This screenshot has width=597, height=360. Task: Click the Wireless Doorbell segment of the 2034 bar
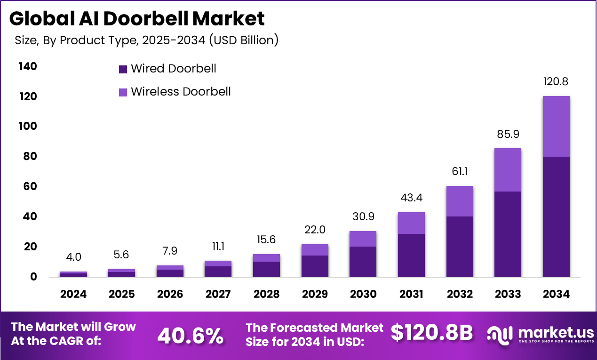click(x=556, y=126)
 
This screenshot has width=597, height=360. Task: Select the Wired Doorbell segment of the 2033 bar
click(x=507, y=234)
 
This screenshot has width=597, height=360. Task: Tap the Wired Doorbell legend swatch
click(x=123, y=69)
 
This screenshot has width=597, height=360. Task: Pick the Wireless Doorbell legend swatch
click(x=123, y=92)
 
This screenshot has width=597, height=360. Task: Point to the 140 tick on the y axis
click(x=28, y=66)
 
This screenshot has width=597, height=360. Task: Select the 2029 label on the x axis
click(x=315, y=294)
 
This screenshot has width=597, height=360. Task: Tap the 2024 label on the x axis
click(x=73, y=294)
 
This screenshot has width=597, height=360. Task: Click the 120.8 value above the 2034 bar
click(x=556, y=81)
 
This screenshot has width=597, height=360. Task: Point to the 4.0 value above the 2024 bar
click(x=73, y=257)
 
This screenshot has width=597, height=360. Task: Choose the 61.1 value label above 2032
click(x=460, y=171)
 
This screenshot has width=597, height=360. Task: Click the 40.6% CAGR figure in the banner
click(x=190, y=335)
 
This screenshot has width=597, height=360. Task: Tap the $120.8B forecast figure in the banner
click(x=431, y=333)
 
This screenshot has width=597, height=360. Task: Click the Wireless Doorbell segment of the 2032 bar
click(x=460, y=201)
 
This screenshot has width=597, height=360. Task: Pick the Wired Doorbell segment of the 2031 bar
click(x=411, y=255)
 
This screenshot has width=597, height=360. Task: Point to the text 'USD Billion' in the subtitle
click(x=244, y=40)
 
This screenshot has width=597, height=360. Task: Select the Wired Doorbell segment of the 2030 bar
click(x=363, y=261)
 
